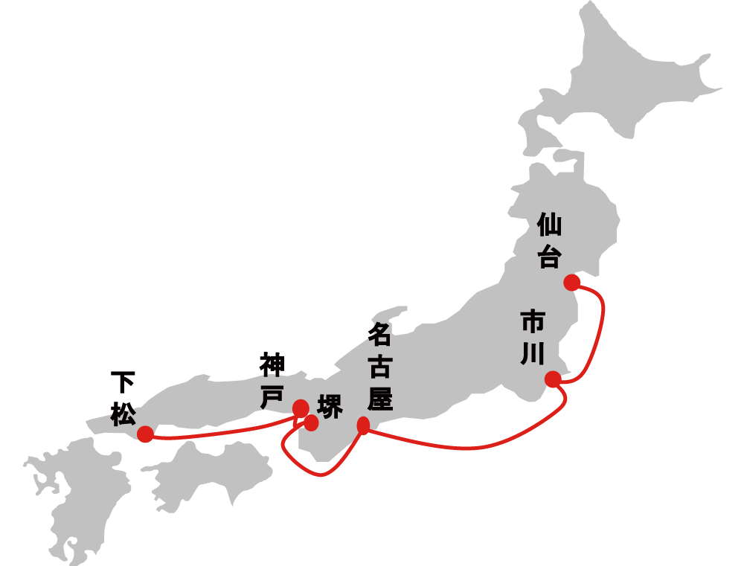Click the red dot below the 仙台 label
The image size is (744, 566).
571,283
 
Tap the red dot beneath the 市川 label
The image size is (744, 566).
553,379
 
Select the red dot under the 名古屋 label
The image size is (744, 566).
363,425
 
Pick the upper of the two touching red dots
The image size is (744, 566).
301,408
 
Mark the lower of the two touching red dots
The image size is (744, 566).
311,423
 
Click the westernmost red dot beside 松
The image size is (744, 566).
146,434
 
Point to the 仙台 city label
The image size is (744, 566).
549,240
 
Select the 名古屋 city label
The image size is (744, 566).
379,368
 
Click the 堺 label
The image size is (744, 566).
330,407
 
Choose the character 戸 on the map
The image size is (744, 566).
271,397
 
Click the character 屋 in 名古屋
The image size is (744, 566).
379,400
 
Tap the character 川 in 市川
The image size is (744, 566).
533,353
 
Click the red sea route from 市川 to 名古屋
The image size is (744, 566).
476,448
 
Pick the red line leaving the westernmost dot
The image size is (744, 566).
223,434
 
